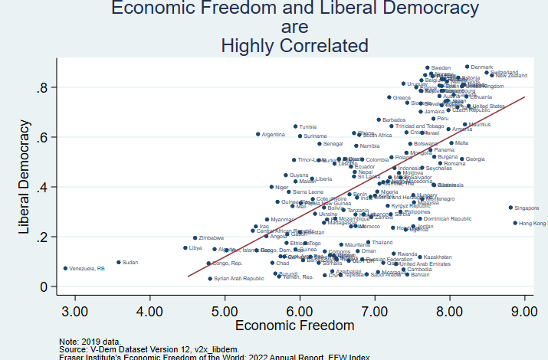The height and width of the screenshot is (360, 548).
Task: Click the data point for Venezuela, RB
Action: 65,268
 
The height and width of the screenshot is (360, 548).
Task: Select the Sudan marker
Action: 119,262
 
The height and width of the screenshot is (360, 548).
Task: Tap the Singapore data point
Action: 510,208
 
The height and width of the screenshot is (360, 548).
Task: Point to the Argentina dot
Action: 258,134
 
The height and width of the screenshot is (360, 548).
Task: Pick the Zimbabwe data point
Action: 195,238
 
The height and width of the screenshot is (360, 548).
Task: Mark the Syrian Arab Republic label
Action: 239,279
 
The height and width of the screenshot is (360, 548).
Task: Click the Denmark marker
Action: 467,67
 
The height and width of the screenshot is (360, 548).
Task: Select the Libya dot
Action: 185,248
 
